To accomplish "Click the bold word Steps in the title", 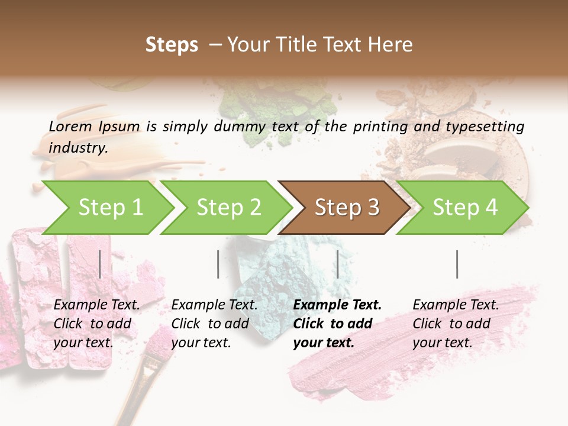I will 172,45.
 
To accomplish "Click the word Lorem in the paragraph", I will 70,126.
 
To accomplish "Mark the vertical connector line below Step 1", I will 100,264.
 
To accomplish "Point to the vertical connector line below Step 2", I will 218,264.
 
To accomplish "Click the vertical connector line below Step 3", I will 338,264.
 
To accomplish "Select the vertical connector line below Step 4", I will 457,264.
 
